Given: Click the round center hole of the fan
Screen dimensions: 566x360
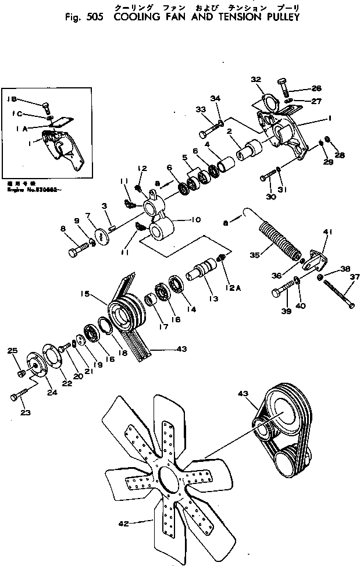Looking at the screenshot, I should (x=169, y=467).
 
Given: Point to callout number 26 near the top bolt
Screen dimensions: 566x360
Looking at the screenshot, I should (x=316, y=88).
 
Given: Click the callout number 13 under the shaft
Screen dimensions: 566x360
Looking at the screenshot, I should (x=214, y=298).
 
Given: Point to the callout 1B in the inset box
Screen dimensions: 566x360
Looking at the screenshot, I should (x=12, y=99).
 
